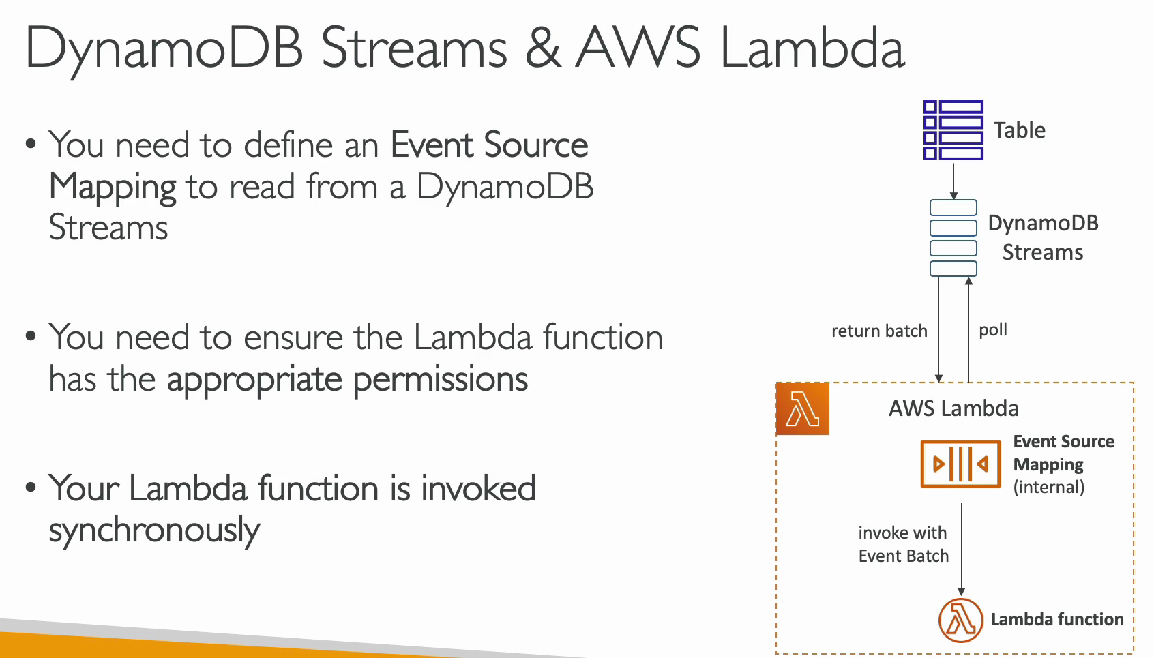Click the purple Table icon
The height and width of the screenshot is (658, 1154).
[x=953, y=130]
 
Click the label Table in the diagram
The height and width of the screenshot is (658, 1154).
[x=1019, y=130]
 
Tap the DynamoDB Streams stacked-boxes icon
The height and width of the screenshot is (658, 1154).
[x=953, y=238]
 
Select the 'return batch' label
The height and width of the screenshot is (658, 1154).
[x=879, y=331]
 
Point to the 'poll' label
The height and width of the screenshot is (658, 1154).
[x=993, y=330]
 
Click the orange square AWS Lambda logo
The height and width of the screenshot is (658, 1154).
[x=802, y=409]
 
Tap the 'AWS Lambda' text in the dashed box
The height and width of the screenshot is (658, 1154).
[x=953, y=408]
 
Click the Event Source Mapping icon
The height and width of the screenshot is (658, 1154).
[x=960, y=464]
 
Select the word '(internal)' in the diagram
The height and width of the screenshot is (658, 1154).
[x=1049, y=487]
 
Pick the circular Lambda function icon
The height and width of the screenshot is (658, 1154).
[x=961, y=620]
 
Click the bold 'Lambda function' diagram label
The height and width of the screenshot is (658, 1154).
[x=1057, y=619]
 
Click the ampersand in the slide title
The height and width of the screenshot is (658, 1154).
[x=542, y=48]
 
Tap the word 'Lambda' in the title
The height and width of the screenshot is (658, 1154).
[x=812, y=46]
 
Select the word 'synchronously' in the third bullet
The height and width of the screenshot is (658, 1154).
[x=154, y=530]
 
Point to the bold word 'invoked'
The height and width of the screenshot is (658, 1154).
[x=479, y=488]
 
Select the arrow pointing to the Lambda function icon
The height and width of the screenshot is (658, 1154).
[x=961, y=550]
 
